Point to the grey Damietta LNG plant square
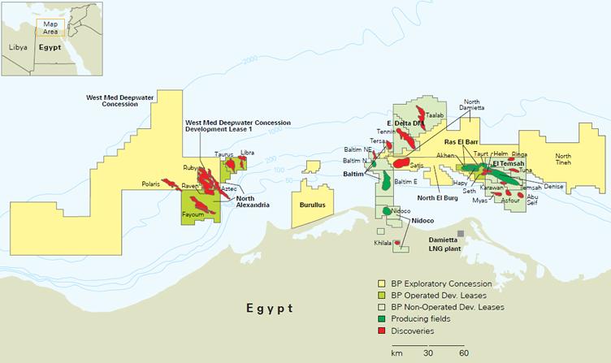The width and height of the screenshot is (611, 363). (x=461, y=234)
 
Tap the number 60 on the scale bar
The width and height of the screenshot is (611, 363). (x=462, y=353)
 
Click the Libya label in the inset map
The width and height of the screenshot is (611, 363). (x=18, y=48)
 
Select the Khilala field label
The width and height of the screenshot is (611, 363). (x=382, y=242)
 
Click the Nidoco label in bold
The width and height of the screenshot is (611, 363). (x=423, y=220)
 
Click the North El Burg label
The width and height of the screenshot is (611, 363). (x=440, y=197)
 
